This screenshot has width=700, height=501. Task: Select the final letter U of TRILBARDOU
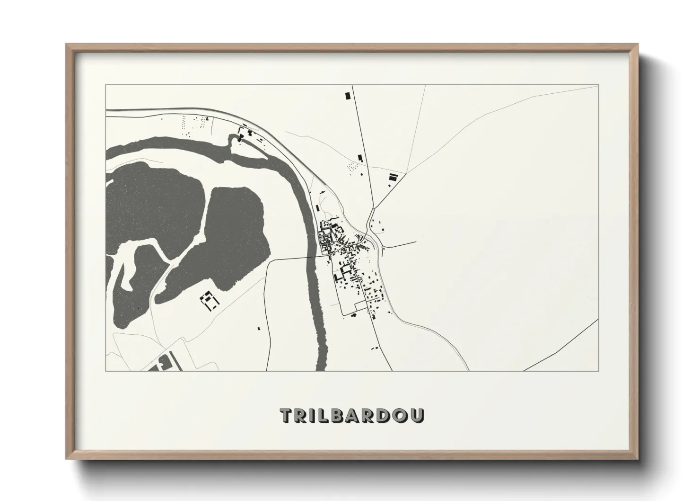pyautogui.click(x=418, y=415)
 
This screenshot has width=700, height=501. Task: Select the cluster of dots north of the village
pyautogui.click(x=352, y=167)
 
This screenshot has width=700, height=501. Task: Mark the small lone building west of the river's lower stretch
pyautogui.click(x=259, y=328)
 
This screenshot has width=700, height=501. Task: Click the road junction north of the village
pyautogui.click(x=374, y=208)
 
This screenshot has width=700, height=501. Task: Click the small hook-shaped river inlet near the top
pyautogui.click(x=232, y=140)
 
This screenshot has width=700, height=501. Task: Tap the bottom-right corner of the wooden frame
pyautogui.click(x=637, y=459)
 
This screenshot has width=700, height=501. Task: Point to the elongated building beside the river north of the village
pyautogui.click(x=316, y=207)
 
